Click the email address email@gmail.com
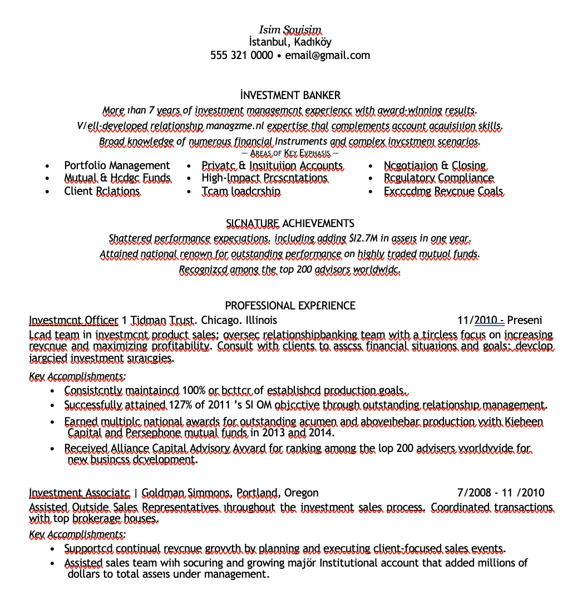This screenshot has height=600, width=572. [x=327, y=55]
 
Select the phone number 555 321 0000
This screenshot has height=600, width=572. [x=241, y=55]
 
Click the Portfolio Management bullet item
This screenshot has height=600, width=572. [x=117, y=165]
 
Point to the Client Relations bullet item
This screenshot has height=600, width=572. [x=102, y=191]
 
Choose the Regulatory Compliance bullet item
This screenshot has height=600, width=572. [x=438, y=178]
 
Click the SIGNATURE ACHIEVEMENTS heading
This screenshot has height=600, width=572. [x=290, y=223]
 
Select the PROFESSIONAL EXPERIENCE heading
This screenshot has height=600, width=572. [x=290, y=306]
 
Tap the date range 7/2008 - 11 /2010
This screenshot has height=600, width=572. [x=500, y=493]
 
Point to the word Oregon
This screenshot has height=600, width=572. [x=301, y=493]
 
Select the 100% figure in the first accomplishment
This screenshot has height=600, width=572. [x=194, y=390]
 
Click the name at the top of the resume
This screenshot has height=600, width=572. [x=290, y=29]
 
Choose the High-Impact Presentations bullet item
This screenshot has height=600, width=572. [x=264, y=178]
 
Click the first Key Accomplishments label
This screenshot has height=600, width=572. [x=77, y=376]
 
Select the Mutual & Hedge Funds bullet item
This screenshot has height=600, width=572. [x=117, y=178]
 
